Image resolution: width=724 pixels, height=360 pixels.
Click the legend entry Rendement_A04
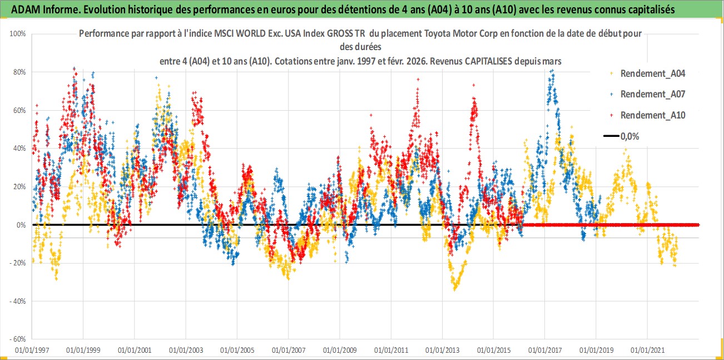[x=652, y=73]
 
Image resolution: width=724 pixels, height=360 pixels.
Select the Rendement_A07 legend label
[x=652, y=94]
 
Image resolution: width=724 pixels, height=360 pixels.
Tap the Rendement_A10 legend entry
[x=652, y=115]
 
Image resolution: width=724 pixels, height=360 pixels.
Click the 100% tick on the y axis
[x=18, y=34]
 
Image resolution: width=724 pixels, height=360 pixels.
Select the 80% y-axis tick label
[x=19, y=72]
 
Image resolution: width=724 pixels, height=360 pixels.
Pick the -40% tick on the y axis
[x=18, y=301]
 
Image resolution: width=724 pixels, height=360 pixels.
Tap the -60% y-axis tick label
[x=18, y=339]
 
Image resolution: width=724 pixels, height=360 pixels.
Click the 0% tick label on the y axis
[x=21, y=225]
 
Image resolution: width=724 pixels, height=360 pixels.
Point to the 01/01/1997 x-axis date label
[x=32, y=351]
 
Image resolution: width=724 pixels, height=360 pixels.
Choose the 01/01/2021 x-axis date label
[x=647, y=351]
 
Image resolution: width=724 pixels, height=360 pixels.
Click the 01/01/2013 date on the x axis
[x=442, y=351]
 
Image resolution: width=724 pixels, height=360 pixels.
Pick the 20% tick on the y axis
[x=19, y=186]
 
